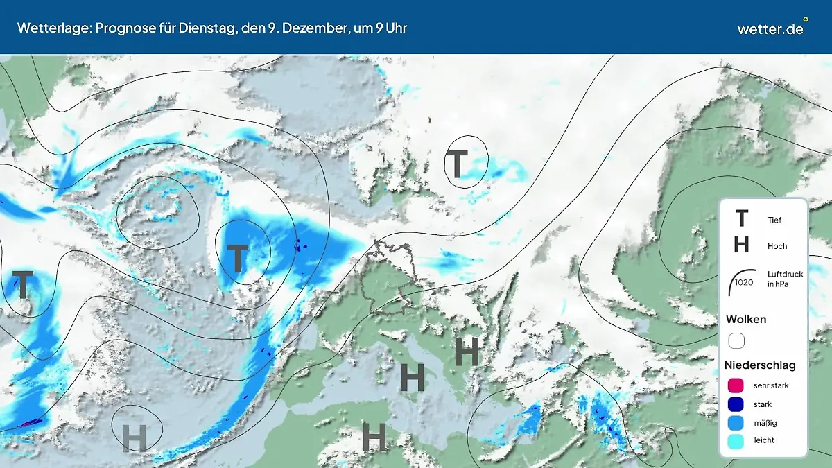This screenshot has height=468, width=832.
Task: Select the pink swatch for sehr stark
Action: point(736,385)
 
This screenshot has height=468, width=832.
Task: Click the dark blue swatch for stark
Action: point(736,404)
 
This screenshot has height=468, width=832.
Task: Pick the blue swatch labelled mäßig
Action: point(736,422)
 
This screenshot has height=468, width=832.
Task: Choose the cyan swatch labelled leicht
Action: point(736,440)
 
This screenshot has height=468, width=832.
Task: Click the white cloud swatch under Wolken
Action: point(736,341)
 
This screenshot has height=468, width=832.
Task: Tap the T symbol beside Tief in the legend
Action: point(741,219)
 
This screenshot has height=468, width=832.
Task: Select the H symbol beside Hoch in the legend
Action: point(741,245)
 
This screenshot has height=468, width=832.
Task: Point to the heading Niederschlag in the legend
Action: point(760,365)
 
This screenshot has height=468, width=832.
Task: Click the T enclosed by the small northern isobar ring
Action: point(458,164)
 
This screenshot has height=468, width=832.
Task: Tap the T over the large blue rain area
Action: point(237,257)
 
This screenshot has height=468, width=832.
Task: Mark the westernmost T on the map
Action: point(23,285)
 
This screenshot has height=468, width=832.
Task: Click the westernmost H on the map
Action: point(135,437)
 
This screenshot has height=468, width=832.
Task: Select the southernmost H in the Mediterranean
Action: point(374,437)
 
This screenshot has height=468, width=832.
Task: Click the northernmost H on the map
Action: point(467,352)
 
